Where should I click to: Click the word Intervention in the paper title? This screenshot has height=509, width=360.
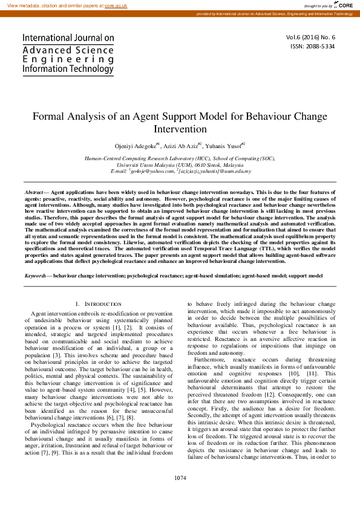[180, 129]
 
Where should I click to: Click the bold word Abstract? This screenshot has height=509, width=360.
[33, 190]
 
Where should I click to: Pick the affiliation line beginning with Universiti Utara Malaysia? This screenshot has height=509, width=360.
[180, 164]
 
